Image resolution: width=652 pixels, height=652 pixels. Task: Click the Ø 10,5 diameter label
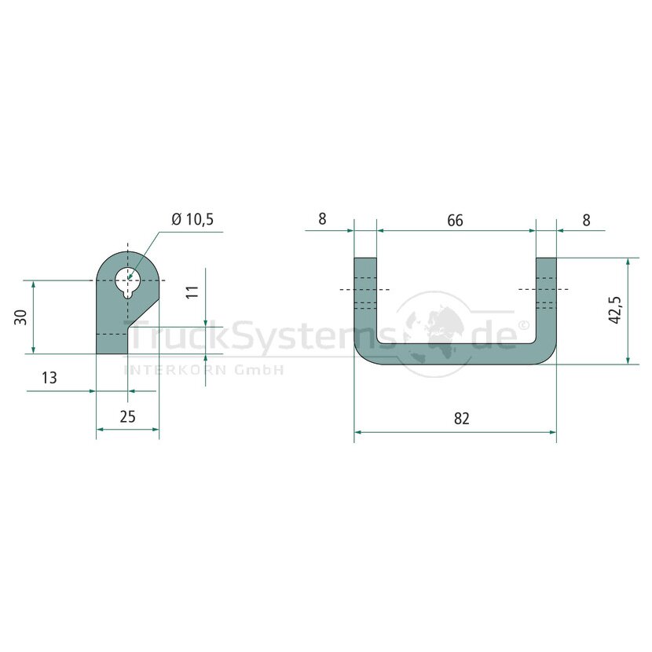click(192, 218)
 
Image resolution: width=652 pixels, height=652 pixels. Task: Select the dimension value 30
click(21, 317)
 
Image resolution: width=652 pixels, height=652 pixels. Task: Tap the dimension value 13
click(49, 378)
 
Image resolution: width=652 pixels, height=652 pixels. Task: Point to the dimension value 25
click(128, 416)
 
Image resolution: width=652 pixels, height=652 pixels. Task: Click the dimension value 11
click(192, 291)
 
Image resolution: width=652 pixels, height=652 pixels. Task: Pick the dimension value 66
click(455, 221)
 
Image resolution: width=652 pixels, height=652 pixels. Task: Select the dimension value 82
click(462, 419)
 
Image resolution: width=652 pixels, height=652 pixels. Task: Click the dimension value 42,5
click(614, 310)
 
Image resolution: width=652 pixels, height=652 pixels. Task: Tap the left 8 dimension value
click(322, 218)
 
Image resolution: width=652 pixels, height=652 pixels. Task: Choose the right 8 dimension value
click(586, 220)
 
